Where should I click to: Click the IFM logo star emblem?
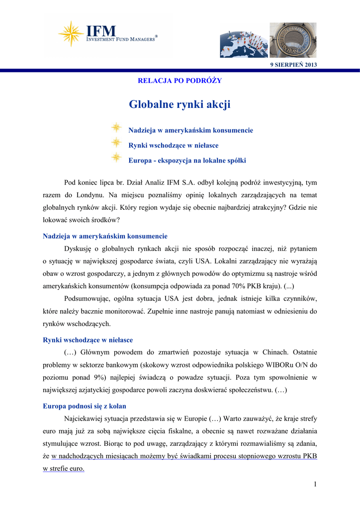pyautogui.click(x=71, y=34)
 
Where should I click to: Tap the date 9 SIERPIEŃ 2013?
pyautogui.click(x=293, y=65)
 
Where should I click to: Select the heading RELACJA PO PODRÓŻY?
pyautogui.click(x=180, y=81)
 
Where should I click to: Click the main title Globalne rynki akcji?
pyautogui.click(x=180, y=104)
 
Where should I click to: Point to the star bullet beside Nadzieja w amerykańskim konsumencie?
pyautogui.click(x=116, y=128)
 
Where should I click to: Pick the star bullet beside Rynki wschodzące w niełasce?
pyautogui.click(x=116, y=143)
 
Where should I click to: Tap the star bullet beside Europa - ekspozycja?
pyautogui.click(x=116, y=158)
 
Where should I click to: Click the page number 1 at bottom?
pyautogui.click(x=315, y=484)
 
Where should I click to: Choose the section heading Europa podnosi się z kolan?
pyautogui.click(x=85, y=406)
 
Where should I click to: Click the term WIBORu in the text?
pyautogui.click(x=270, y=365)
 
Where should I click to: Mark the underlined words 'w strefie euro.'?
pyautogui.click(x=64, y=469)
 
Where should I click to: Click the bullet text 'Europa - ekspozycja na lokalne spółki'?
pyautogui.click(x=187, y=161)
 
